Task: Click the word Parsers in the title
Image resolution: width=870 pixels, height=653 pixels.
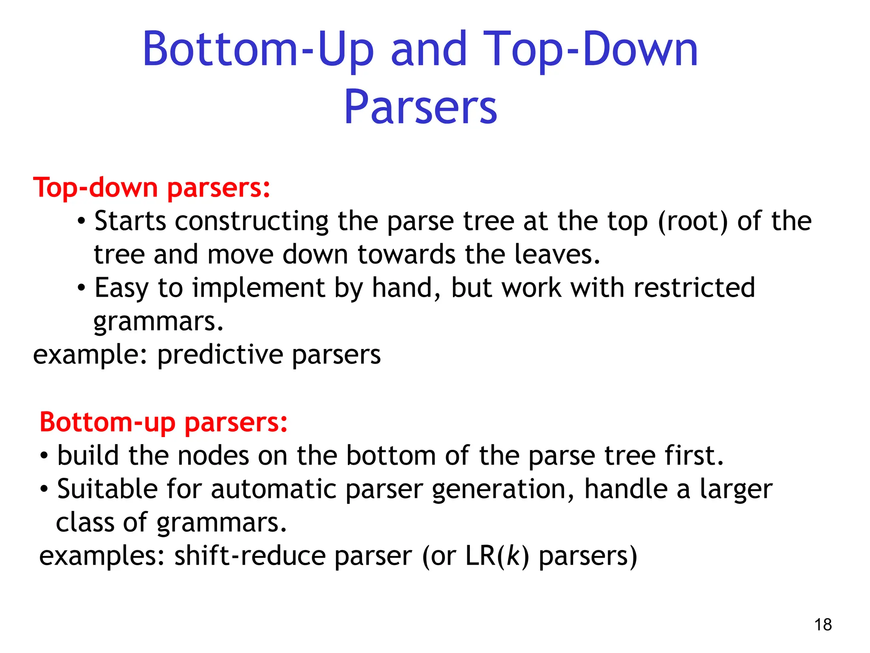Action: point(420,108)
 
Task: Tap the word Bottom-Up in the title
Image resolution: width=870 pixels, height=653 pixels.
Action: point(258,49)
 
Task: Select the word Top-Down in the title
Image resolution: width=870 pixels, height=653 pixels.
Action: point(590,49)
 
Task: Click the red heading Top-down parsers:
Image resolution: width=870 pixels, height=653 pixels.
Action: point(152,187)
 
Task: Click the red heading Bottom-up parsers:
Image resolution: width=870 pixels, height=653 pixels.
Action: point(164,422)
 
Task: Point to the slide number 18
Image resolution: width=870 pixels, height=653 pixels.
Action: point(823,625)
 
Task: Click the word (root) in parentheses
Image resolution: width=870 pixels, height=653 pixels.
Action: point(693,221)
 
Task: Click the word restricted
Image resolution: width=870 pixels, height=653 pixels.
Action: point(694,288)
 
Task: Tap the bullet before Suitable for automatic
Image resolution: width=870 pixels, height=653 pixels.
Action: point(44,489)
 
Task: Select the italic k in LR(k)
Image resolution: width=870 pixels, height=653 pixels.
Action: point(513,556)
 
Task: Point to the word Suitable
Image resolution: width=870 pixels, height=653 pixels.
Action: point(107,489)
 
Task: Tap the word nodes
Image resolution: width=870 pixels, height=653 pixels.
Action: point(213,456)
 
